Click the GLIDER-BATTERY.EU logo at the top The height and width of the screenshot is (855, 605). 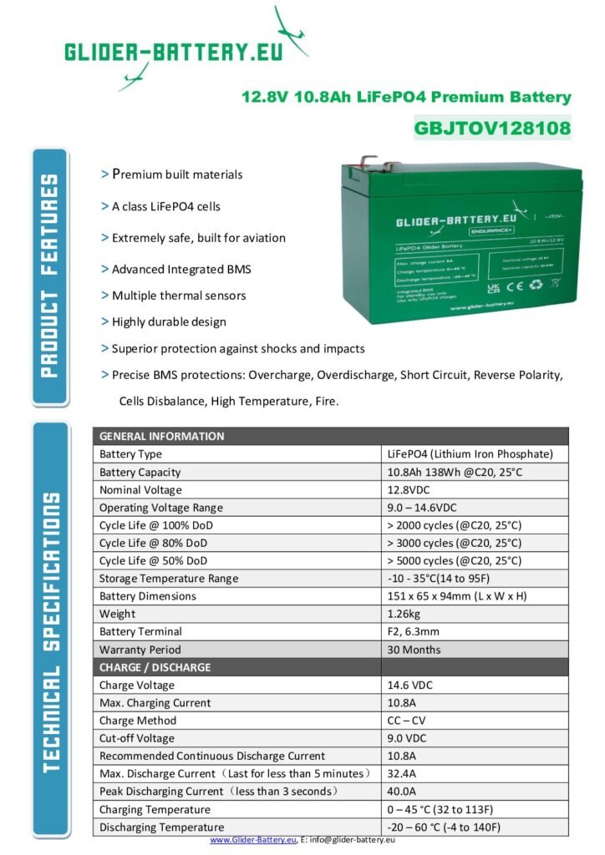[x=175, y=51]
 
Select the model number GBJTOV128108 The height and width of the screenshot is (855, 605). [x=492, y=129]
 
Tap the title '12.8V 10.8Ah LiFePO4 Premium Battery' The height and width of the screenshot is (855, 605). [x=406, y=97]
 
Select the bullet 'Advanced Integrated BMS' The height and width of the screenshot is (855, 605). [x=180, y=270]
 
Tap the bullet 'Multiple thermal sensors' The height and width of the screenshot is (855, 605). [x=178, y=296]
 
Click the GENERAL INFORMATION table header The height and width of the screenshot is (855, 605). [x=162, y=436]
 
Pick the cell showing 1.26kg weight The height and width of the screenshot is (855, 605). [x=405, y=614]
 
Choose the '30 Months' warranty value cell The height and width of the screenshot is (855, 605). [x=414, y=650]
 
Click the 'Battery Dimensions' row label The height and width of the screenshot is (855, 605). [x=148, y=596]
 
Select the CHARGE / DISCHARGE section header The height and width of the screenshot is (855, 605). [x=155, y=667]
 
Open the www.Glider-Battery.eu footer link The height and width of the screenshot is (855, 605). [x=253, y=840]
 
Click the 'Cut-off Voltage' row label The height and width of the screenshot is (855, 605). [x=137, y=738]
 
